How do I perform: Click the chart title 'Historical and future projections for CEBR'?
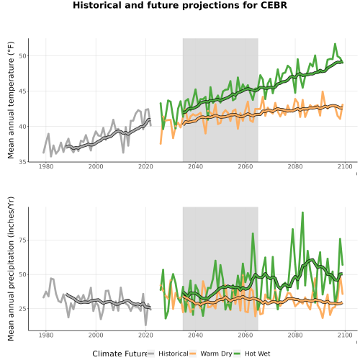(x=180, y=5)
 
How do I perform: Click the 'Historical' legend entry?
(x=174, y=354)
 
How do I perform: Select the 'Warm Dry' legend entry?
(x=216, y=354)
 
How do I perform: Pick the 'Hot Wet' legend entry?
(x=257, y=354)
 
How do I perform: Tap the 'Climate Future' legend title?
(x=120, y=354)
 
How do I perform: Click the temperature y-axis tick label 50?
(x=23, y=56)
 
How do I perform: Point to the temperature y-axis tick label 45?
(x=23, y=91)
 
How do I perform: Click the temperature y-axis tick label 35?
(x=23, y=162)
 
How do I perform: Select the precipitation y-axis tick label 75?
(x=23, y=240)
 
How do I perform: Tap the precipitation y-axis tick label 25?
(x=23, y=309)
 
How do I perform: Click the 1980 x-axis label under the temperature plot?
(x=46, y=166)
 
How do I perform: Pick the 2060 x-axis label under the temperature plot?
(x=246, y=166)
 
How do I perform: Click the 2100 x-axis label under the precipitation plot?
(x=345, y=336)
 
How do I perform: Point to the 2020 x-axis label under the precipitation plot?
(x=145, y=336)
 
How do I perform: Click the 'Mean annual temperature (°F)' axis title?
(x=11, y=100)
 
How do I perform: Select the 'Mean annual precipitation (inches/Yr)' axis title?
(x=11, y=269)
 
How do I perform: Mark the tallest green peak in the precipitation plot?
(x=302, y=212)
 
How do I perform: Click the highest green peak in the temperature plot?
(x=335, y=44)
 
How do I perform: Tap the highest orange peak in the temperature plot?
(x=323, y=91)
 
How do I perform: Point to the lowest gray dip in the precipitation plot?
(x=145, y=325)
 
